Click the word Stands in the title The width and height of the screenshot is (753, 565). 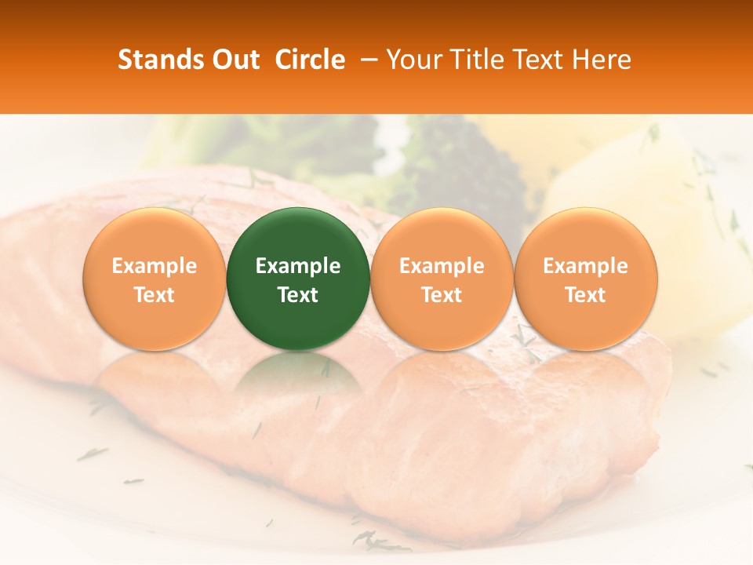pos(160,60)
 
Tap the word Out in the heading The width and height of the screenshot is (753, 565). pos(233,60)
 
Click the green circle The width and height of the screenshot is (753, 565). pos(298,235)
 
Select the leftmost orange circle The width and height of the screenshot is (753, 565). pos(154,235)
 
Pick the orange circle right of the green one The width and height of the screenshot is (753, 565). pos(442,235)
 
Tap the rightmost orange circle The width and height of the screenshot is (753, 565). pos(586,235)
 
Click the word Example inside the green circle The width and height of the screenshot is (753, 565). pos(298,266)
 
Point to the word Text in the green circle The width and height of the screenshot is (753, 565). pos(298,295)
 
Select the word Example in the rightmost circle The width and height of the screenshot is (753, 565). pos(586,266)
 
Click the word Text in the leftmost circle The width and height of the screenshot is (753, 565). pos(154,295)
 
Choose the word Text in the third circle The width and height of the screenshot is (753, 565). pos(442,295)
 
